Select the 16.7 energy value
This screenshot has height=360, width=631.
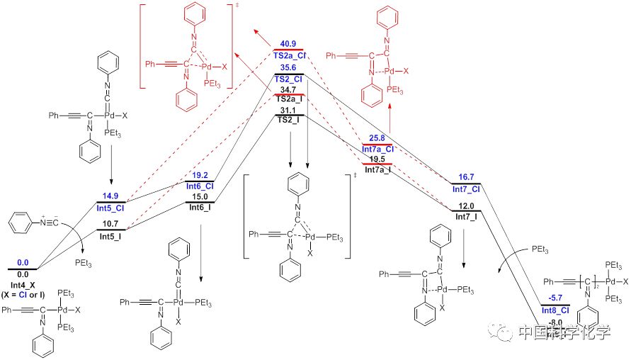click(x=466, y=176)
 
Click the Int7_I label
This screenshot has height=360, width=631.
click(x=466, y=215)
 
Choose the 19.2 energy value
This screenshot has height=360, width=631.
click(x=200, y=175)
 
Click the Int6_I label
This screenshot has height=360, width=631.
click(x=200, y=207)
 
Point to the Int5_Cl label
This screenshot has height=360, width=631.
click(x=111, y=208)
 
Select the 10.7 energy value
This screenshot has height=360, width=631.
click(x=111, y=224)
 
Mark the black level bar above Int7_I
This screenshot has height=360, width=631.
click(x=466, y=210)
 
